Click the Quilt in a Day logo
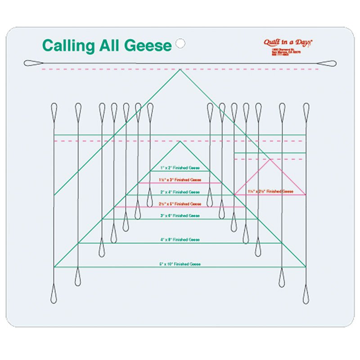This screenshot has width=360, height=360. [288, 42]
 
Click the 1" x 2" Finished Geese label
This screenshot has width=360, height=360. [180, 168]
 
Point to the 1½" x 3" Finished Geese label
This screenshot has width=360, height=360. [180, 180]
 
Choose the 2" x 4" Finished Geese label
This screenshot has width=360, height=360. [180, 192]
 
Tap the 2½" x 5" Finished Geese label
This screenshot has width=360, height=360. [180, 204]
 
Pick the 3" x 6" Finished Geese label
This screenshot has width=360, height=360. [180, 216]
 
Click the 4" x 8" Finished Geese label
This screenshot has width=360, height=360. [180, 240]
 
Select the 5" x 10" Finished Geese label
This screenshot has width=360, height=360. [180, 264]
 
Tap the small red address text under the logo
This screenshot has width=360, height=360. [287, 52]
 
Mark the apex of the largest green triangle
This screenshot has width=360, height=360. [180, 69]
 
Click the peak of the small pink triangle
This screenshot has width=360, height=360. [270, 159]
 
